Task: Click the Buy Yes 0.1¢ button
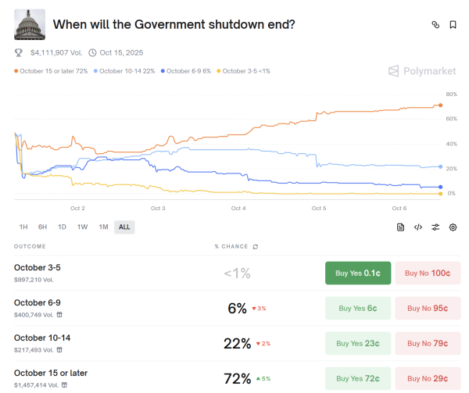coord(357,273)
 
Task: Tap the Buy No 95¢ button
coord(428,308)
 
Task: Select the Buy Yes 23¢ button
coord(357,343)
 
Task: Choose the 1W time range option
coord(82,227)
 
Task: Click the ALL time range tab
coord(124,227)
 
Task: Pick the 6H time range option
coord(42,227)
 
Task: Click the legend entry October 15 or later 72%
coord(52,71)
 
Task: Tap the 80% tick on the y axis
coord(451,94)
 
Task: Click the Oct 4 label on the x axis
coord(238,209)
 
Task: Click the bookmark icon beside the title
coord(453,25)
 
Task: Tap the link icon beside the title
coord(435,25)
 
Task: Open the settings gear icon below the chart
coord(453,227)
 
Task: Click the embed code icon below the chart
coord(418,227)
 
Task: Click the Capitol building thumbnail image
coord(30,24)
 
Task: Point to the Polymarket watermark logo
coord(422,71)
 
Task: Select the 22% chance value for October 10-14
coord(237,343)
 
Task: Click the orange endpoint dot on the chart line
coord(441,105)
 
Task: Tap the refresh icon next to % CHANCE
coord(255,246)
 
